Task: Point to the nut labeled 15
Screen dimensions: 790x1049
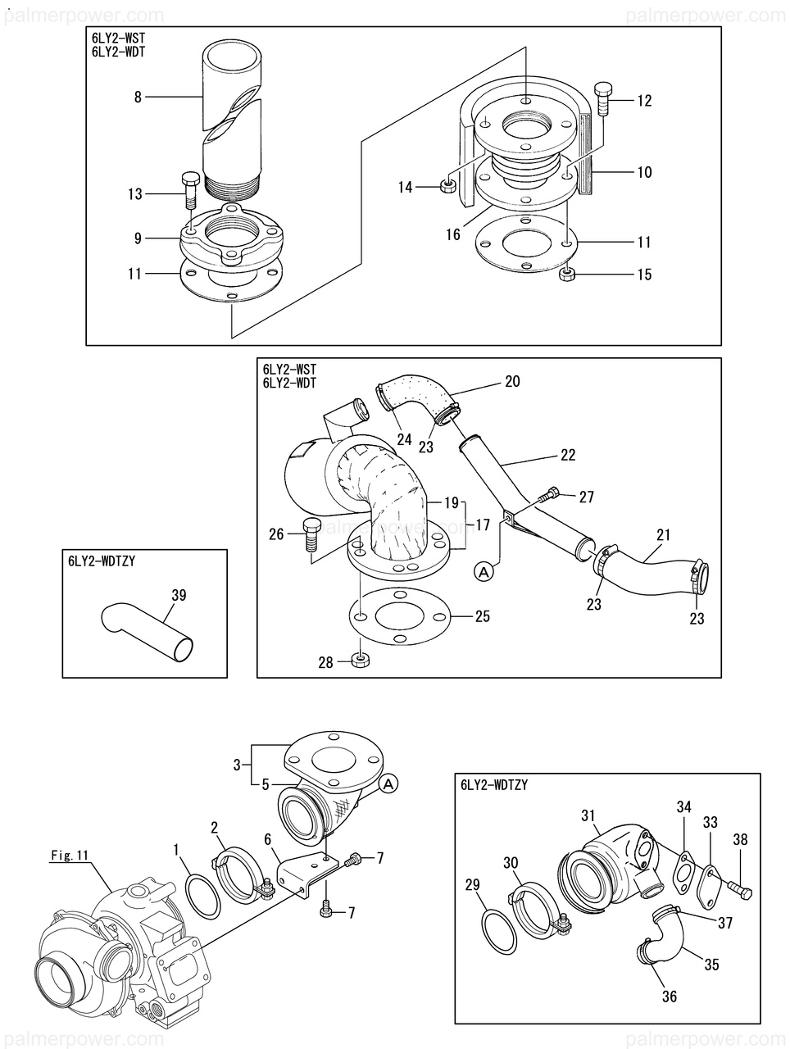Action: point(567,275)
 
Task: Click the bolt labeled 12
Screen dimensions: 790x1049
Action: point(602,100)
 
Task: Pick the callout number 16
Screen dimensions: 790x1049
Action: point(453,234)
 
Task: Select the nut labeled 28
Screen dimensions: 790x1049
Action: point(361,661)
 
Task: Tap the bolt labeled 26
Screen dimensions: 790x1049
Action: point(311,535)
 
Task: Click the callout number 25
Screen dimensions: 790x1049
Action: point(482,616)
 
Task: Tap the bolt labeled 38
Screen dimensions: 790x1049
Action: point(740,890)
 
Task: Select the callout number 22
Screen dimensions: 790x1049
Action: point(567,455)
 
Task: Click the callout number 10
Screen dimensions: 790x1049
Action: point(645,172)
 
